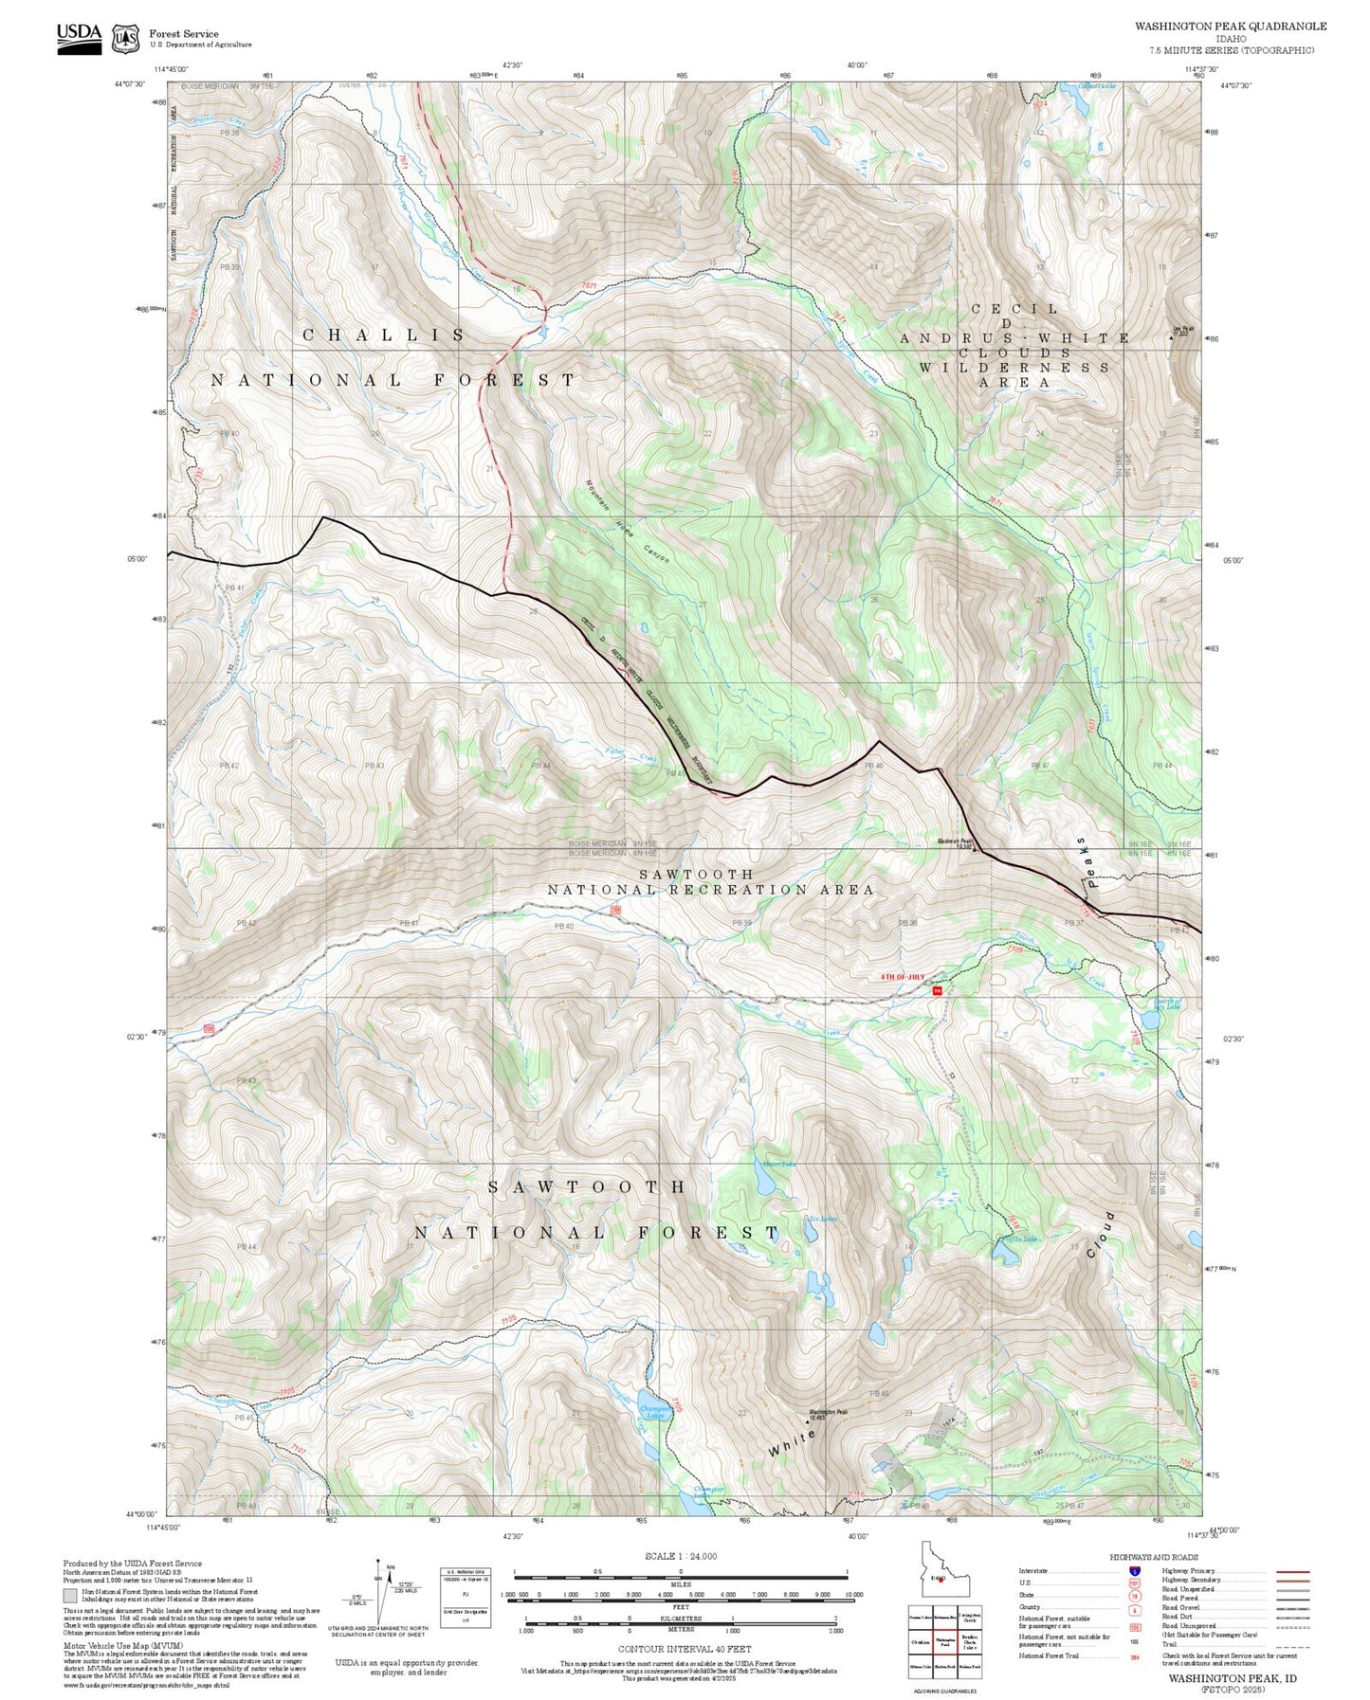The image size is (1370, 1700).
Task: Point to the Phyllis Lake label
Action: pos(1019,1239)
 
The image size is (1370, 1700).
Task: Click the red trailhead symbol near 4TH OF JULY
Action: pos(938,990)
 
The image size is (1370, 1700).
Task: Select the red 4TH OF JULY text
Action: pos(903,976)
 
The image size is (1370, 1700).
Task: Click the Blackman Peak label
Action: pos(955,841)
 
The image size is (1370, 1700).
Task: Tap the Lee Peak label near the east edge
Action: pos(1183,331)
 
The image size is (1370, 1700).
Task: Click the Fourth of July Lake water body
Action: pos(1159,946)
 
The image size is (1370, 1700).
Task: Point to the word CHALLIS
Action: pos(384,335)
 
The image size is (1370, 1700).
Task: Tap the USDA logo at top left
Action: pos(79,38)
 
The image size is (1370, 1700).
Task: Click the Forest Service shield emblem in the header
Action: pos(125,39)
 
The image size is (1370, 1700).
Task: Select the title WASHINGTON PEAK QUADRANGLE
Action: pos(1231,27)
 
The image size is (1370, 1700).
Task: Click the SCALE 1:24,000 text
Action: pos(680,1556)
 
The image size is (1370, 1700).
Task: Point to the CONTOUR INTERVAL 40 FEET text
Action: pos(680,1650)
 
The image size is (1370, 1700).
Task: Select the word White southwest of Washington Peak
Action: pos(792,1444)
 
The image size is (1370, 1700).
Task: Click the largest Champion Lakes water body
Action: pos(650,1405)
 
